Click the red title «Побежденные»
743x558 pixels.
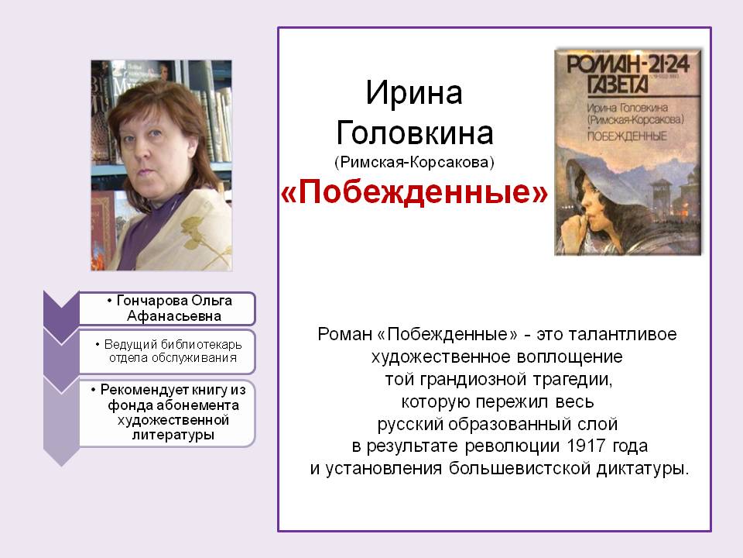[414, 191]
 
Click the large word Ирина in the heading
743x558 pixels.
[413, 92]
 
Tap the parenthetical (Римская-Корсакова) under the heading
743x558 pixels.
[414, 162]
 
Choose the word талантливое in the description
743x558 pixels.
[622, 334]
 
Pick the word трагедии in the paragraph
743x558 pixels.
[573, 380]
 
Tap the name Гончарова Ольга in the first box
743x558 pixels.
[174, 301]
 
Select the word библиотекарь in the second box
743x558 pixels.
[201, 344]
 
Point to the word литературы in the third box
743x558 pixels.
[173, 435]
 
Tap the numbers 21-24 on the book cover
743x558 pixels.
[669, 64]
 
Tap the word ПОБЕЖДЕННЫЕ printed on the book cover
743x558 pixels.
[627, 136]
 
